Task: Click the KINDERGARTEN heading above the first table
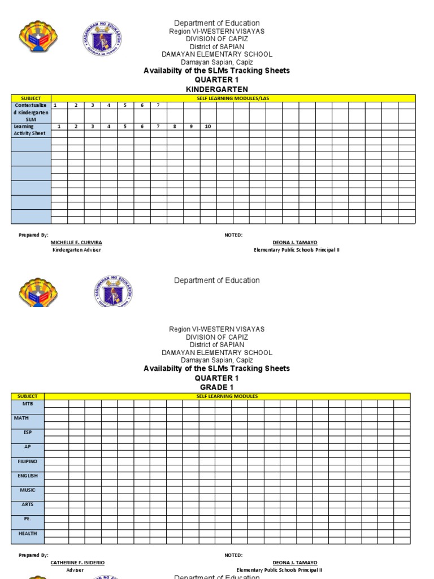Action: point(216,89)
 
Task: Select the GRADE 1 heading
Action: point(216,387)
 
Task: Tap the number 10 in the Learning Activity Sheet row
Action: point(207,127)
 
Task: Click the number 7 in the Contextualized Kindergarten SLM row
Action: point(158,105)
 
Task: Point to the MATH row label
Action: point(27,418)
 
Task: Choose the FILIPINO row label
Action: point(27,461)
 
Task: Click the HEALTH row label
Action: point(27,533)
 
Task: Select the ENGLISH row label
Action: point(27,476)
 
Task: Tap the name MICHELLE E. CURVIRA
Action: point(76,243)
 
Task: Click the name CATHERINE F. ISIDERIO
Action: point(77,563)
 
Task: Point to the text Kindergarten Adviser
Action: point(77,250)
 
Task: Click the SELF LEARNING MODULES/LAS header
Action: point(233,98)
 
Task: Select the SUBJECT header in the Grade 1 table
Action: point(27,396)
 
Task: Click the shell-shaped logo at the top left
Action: point(38,37)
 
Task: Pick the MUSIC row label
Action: point(27,490)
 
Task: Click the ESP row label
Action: point(27,433)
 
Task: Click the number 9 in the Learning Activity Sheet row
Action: point(191,127)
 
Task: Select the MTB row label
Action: point(27,404)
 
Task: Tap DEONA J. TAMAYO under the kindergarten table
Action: point(294,243)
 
